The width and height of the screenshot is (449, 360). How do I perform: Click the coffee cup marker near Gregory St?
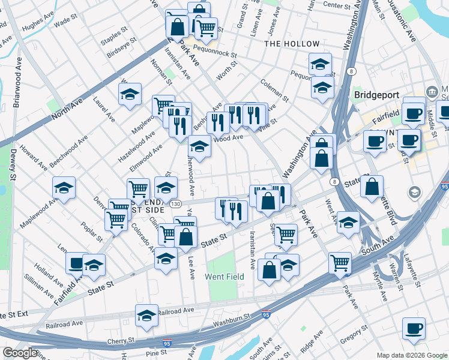click(414, 329)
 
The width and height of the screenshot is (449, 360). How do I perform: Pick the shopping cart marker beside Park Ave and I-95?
click(340, 263)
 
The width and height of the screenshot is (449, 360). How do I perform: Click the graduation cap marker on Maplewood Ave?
click(64, 188)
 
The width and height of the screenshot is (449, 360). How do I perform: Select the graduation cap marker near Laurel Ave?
click(130, 94)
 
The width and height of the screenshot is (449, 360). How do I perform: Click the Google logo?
click(20, 353)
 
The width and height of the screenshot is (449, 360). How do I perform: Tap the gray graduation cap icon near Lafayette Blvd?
click(414, 193)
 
